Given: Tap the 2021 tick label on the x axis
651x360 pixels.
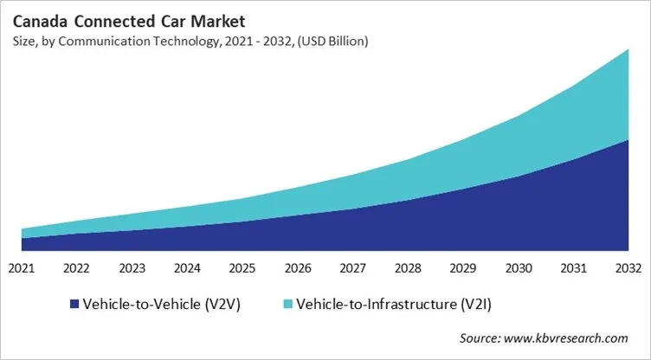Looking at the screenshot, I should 21,269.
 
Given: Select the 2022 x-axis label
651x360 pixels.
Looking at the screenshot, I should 76,269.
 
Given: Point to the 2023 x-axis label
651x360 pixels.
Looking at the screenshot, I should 132,269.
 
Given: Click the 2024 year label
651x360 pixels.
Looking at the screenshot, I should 187,269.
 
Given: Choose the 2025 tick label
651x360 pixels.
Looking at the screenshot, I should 242,269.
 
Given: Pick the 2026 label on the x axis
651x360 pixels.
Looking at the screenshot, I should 298,269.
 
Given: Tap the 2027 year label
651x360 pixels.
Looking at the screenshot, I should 353,269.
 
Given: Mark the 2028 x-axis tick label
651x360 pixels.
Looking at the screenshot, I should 408,269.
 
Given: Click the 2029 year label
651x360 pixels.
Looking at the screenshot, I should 463,269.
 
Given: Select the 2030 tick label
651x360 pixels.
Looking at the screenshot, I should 519,269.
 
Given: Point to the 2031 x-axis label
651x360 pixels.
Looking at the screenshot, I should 574,269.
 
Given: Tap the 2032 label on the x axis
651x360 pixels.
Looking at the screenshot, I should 628,269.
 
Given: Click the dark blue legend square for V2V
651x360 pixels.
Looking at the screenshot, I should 74,305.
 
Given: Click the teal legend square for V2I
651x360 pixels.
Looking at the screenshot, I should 288,305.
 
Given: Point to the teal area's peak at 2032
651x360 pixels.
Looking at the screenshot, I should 628,52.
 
